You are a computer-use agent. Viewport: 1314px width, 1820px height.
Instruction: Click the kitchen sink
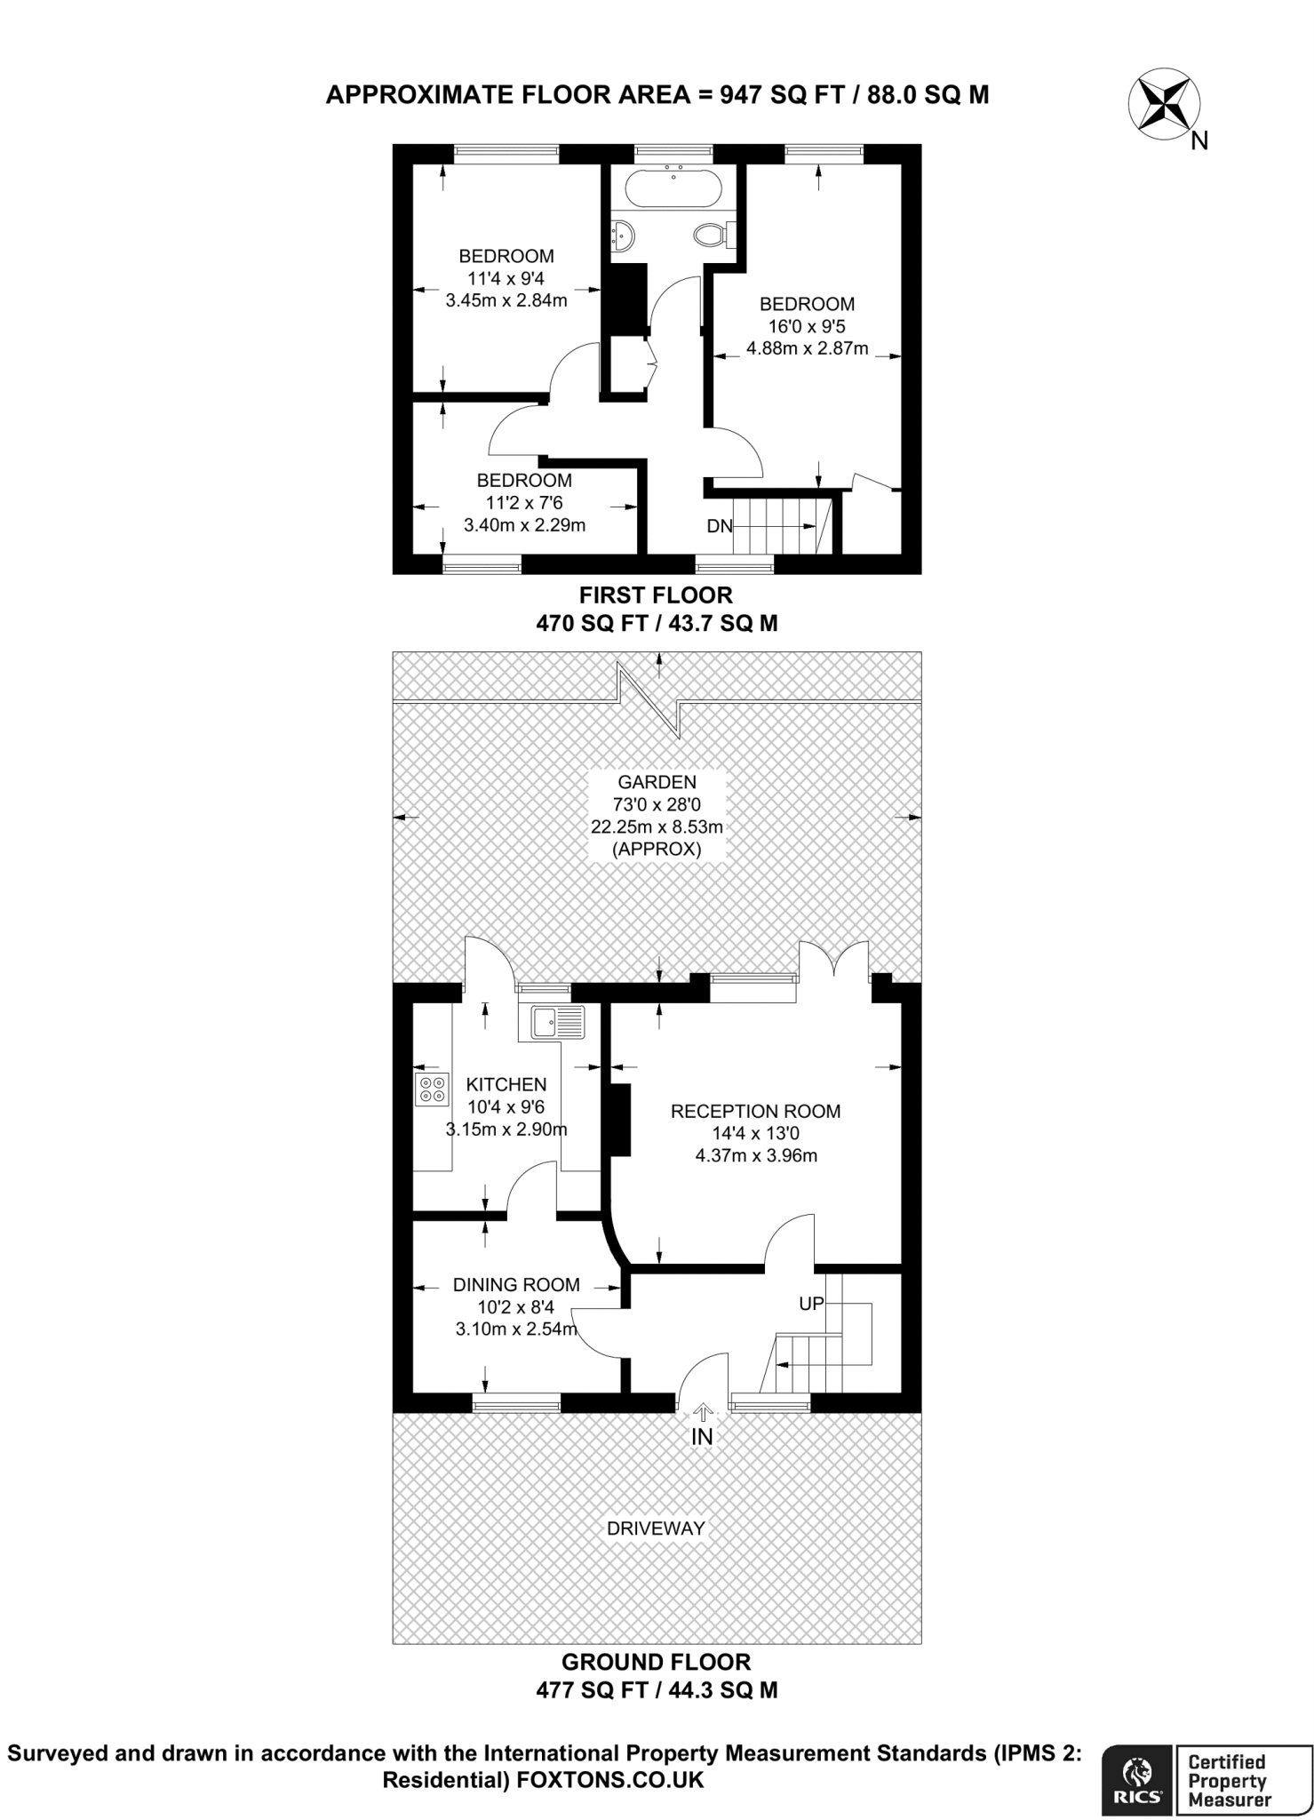tap(558, 1022)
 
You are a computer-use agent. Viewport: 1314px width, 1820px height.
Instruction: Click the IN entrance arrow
tap(703, 1412)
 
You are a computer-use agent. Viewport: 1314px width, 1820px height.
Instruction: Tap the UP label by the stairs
tap(812, 1304)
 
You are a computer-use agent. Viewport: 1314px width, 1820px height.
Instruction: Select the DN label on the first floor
tap(720, 526)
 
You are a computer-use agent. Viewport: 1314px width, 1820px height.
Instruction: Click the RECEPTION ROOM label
tap(755, 1111)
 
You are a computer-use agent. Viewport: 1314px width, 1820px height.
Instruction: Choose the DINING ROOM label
tap(516, 1284)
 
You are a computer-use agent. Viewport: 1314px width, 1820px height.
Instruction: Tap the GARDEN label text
tap(657, 782)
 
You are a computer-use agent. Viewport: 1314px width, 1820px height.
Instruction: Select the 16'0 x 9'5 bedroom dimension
tap(808, 326)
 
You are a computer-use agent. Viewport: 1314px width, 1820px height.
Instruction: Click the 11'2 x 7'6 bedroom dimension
tap(524, 502)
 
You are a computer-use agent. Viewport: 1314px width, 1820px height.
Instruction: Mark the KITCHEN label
tap(506, 1084)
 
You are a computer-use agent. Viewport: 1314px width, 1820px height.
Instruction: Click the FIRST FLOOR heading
tap(657, 595)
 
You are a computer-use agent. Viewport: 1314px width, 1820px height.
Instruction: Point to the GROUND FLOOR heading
tap(657, 1662)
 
